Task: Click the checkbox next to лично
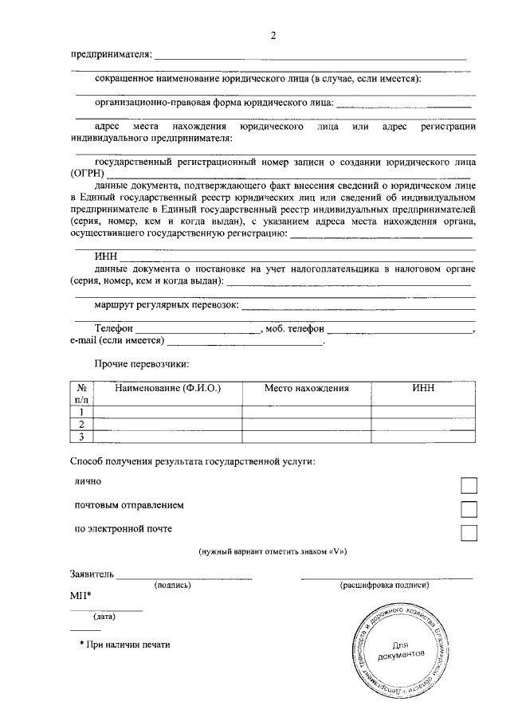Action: tap(469, 485)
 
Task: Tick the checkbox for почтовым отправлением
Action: tap(469, 509)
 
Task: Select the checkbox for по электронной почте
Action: tap(469, 532)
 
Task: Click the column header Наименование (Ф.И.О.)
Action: tap(167, 388)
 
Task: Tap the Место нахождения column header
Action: tap(307, 388)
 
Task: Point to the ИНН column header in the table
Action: tap(423, 388)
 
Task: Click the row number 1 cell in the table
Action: tap(82, 412)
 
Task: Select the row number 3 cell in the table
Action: tap(82, 436)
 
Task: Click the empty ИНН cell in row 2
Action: tap(423, 424)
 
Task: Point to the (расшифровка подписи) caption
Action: tap(385, 585)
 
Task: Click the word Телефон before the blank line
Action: tap(113, 328)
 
